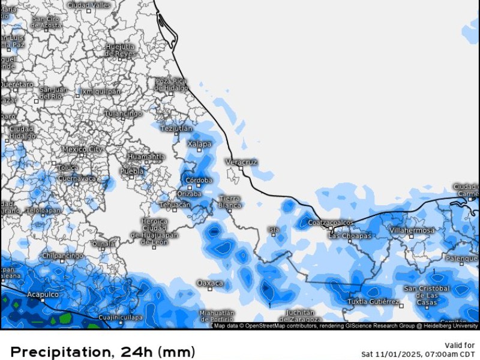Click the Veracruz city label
pyautogui.click(x=242, y=162)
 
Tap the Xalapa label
pyautogui.click(x=199, y=144)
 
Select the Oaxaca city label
pyautogui.click(x=210, y=283)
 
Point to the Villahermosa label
pyautogui.click(x=412, y=230)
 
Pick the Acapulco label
pyautogui.click(x=43, y=295)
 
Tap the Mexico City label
pyautogui.click(x=82, y=149)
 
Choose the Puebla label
pyautogui.click(x=132, y=171)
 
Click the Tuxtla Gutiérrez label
pyautogui.click(x=373, y=301)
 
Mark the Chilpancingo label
pyautogui.click(x=62, y=256)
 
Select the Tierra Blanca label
pyautogui.click(x=229, y=202)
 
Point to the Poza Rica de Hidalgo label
pyautogui.click(x=172, y=85)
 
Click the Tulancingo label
pyautogui.click(x=123, y=113)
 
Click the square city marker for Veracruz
pyautogui.click(x=241, y=169)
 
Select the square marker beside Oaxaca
pyautogui.click(x=210, y=289)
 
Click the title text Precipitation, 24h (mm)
pyautogui.click(x=103, y=351)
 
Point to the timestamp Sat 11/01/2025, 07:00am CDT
pyautogui.click(x=418, y=354)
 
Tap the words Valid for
pyautogui.click(x=461, y=345)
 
